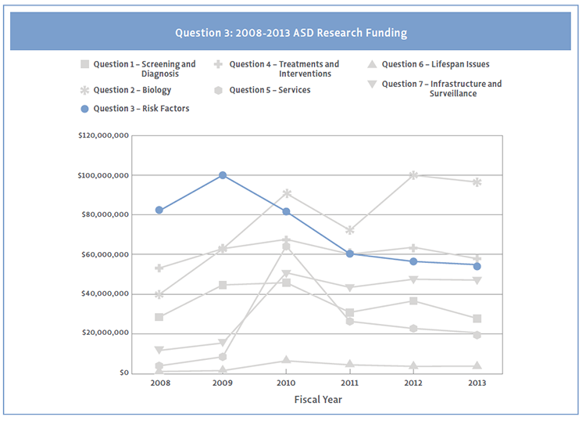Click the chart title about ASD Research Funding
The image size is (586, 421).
click(291, 34)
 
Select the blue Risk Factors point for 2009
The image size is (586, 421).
click(223, 175)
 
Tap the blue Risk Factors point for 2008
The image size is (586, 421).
click(159, 210)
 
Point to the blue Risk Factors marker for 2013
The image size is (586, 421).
click(477, 266)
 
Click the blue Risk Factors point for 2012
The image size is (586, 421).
click(413, 261)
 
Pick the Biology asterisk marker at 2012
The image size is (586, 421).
click(413, 175)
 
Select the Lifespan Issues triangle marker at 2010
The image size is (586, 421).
click(287, 361)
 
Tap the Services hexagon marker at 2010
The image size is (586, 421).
click(287, 246)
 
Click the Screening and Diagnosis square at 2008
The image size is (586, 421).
click(159, 317)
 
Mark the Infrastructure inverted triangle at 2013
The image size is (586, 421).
click(477, 280)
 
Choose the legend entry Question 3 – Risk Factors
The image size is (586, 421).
click(141, 109)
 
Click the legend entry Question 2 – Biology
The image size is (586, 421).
click(130, 90)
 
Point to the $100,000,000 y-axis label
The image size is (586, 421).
click(103, 175)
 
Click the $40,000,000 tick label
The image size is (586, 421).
click(103, 294)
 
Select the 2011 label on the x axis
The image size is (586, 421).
click(350, 383)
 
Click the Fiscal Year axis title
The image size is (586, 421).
click(318, 399)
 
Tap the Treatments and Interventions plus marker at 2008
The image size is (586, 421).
click(159, 268)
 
